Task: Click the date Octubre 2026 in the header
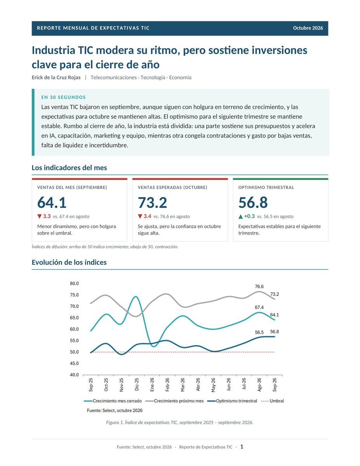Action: (x=308, y=28)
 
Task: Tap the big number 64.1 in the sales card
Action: (x=52, y=202)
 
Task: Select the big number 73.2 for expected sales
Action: (x=152, y=202)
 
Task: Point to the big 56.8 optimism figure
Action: (x=253, y=202)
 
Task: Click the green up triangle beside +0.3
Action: (x=240, y=216)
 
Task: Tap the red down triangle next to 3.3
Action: (x=39, y=216)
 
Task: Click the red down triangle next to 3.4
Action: (x=140, y=216)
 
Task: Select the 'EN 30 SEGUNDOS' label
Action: (x=63, y=97)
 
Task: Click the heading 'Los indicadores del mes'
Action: (x=69, y=168)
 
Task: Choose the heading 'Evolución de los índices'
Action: (x=69, y=262)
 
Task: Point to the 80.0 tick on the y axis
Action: (x=74, y=283)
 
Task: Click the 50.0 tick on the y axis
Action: (x=74, y=352)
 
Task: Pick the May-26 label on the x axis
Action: (x=213, y=385)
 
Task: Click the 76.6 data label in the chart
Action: (x=259, y=287)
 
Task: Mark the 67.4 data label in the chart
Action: (x=259, y=307)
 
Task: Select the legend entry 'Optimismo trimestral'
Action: (x=232, y=401)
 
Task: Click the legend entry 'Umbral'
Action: (x=273, y=401)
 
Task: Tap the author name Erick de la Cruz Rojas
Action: (x=56, y=77)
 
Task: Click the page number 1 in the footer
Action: (x=242, y=447)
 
